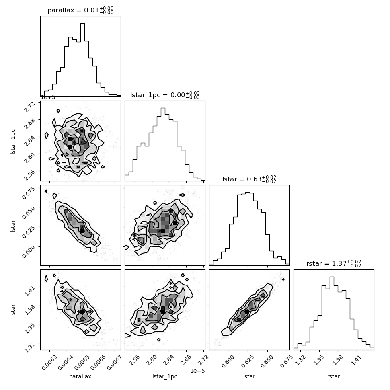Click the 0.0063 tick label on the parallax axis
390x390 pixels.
coord(49,362)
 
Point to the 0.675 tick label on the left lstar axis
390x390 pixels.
coord(28,193)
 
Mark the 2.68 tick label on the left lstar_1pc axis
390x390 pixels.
coord(29,123)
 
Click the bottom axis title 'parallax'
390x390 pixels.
coord(80,376)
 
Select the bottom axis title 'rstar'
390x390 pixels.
coord(334,376)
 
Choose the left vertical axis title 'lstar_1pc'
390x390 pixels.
coord(13,142)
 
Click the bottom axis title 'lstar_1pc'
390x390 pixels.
coord(165,376)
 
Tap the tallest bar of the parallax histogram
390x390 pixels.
coord(82,60)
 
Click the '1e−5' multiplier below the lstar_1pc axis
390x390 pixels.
coord(197,371)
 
